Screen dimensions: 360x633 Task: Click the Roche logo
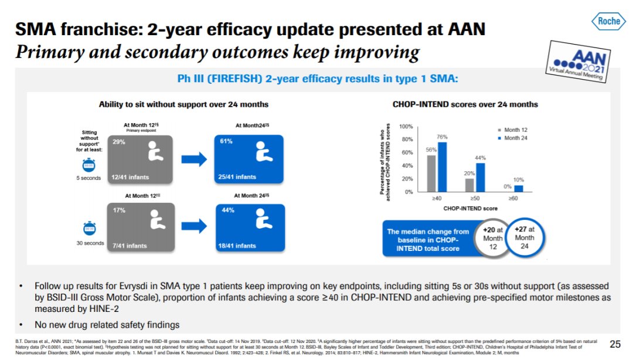point(608,22)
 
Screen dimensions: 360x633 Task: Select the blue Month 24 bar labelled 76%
point(443,167)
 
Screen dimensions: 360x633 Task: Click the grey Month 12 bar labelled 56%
point(431,174)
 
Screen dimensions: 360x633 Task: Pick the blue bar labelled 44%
point(481,177)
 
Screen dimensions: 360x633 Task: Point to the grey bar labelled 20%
point(469,185)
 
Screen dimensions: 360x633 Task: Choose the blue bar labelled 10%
point(518,188)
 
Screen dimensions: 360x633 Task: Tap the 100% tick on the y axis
point(406,127)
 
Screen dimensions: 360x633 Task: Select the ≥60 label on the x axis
point(513,199)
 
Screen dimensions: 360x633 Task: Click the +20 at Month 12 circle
point(493,239)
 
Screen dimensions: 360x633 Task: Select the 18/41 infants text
point(237,246)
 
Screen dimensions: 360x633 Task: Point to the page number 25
point(615,344)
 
